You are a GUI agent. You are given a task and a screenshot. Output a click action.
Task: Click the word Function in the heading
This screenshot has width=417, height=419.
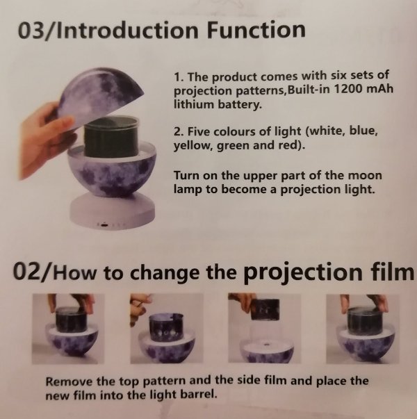pyautogui.click(x=256, y=29)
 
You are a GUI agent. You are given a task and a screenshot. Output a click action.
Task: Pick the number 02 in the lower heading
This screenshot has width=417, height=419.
pyautogui.click(x=26, y=271)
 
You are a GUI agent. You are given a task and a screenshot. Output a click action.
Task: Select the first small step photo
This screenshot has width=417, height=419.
pyautogui.click(x=68, y=329)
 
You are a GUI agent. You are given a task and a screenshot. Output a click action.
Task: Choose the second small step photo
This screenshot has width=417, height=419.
pyautogui.click(x=167, y=328)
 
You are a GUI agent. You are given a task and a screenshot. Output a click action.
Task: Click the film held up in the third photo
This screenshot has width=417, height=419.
pyautogui.click(x=265, y=309)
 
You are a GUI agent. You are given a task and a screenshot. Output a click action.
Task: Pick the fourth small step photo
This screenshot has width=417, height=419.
pyautogui.click(x=363, y=329)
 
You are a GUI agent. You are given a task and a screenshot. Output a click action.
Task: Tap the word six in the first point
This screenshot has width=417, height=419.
pyautogui.click(x=339, y=75)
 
